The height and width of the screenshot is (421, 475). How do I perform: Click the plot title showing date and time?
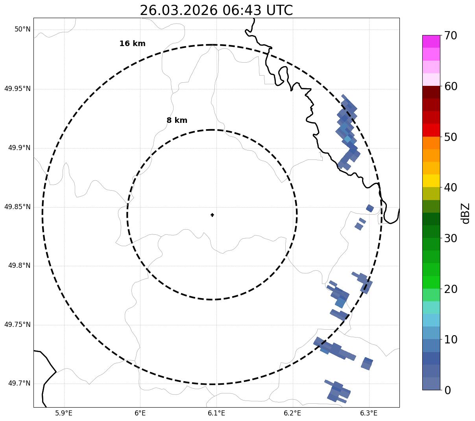point(216,10)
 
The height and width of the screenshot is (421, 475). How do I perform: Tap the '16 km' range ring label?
point(132,44)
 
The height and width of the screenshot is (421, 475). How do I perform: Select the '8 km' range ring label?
point(177,121)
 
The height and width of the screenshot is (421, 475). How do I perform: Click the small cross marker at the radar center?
point(213,215)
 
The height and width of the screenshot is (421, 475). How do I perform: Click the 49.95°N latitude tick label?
point(17,89)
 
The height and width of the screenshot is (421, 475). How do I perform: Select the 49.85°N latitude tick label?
point(17,207)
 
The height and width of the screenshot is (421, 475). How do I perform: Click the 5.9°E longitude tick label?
point(64,413)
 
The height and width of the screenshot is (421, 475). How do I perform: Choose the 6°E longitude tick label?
point(140,413)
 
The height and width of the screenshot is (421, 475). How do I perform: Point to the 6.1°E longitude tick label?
point(216,413)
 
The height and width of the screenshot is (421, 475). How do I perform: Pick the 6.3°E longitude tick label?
point(369,413)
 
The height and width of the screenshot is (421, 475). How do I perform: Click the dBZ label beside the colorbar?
point(466,213)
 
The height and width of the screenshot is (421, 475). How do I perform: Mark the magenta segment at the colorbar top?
point(431,41)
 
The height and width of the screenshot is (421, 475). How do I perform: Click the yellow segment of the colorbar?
point(431,181)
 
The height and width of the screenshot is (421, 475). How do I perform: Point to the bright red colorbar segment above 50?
point(431,130)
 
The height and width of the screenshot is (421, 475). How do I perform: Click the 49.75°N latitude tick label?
point(17,325)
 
